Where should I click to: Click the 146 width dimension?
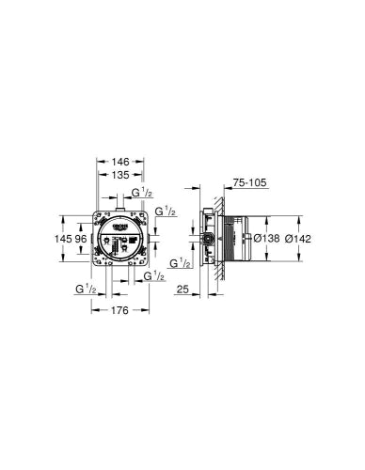(x=120, y=162)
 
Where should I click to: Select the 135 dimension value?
(x=120, y=174)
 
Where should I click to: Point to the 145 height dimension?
(x=63, y=239)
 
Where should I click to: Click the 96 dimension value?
(x=81, y=239)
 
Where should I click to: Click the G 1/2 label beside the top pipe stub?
(x=141, y=194)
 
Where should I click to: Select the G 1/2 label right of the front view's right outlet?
(x=166, y=213)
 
